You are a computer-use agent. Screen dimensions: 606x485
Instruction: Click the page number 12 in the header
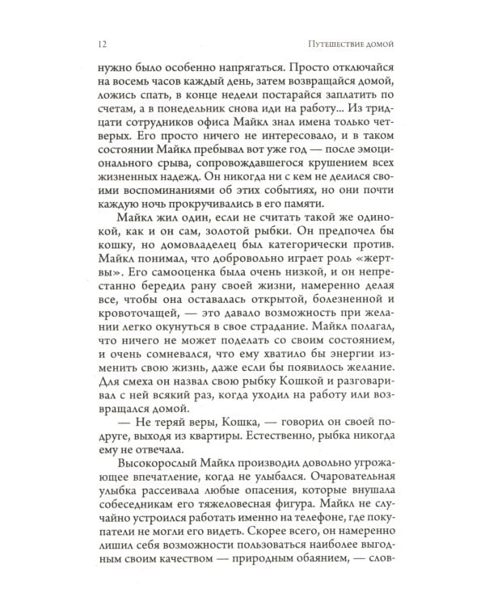(101, 42)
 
